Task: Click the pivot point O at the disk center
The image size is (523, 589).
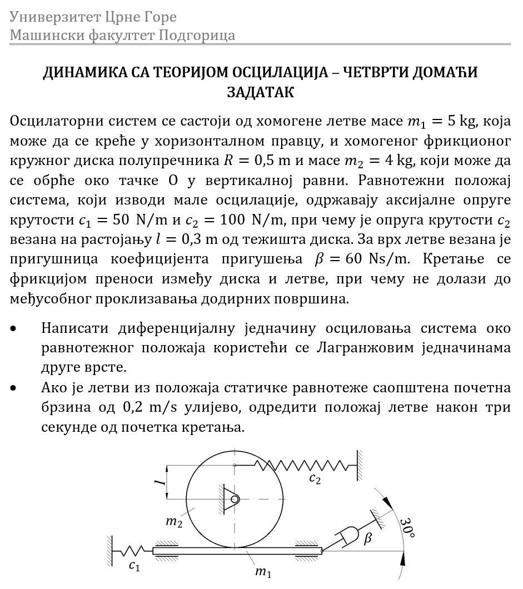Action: coord(235,499)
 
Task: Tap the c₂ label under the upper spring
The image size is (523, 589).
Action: coord(315,478)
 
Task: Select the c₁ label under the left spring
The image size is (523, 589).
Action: coord(134,566)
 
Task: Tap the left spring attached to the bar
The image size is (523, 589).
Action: coord(132,551)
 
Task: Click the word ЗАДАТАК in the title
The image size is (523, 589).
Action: coord(261,92)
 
